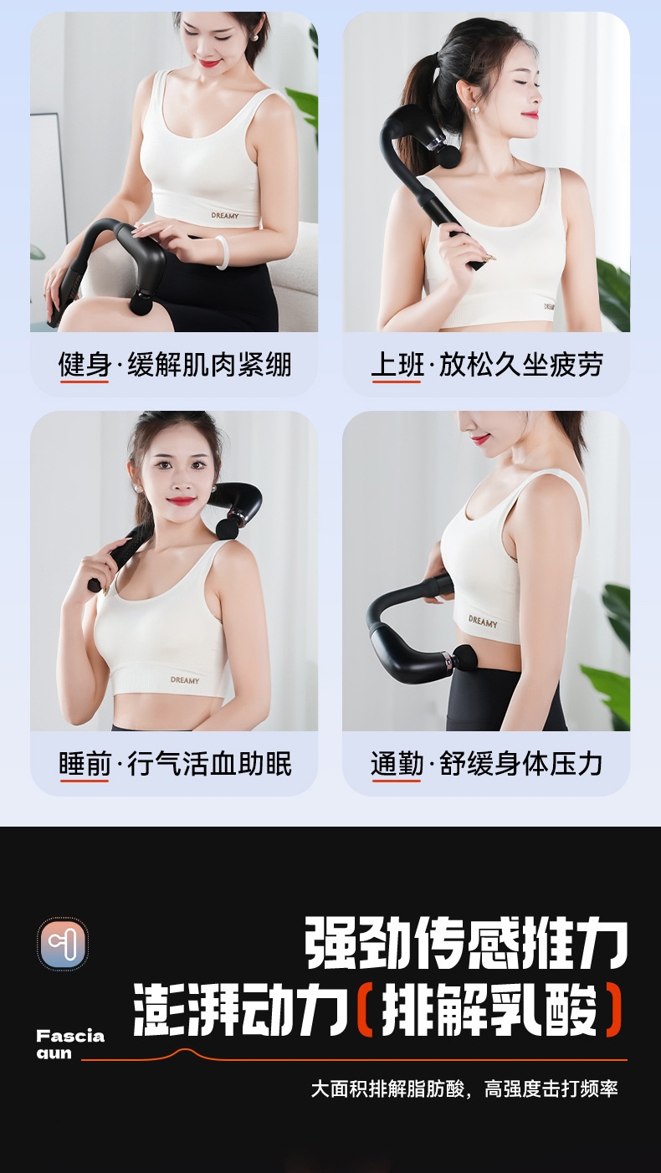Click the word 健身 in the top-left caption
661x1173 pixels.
85,365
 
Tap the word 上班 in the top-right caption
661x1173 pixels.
397,365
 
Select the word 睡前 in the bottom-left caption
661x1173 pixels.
85,764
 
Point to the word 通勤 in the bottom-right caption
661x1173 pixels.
397,764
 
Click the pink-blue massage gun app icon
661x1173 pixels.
63,944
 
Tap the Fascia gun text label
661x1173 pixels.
70,1044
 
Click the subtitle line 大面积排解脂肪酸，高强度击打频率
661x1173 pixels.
464,1089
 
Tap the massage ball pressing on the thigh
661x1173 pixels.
144,303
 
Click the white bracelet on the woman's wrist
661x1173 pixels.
222,253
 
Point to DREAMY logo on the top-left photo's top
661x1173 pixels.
225,215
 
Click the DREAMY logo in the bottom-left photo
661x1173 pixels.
185,680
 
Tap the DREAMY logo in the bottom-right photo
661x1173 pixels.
483,622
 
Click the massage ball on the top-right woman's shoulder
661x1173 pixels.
449,157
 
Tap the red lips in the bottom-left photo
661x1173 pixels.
182,501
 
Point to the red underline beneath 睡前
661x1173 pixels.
85,781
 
